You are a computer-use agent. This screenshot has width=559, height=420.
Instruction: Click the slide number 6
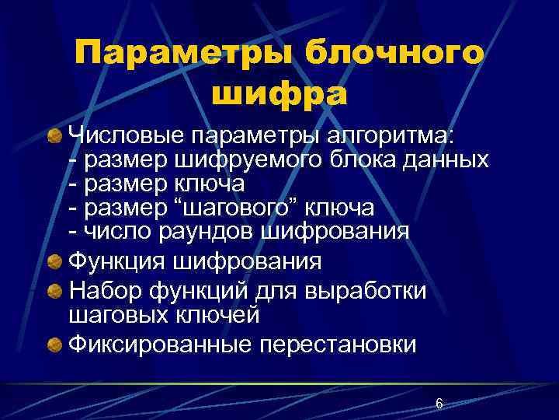tap(439, 403)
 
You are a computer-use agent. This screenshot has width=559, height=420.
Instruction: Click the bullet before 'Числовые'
tap(55, 137)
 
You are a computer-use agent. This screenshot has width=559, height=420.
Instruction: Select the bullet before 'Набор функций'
tap(55, 291)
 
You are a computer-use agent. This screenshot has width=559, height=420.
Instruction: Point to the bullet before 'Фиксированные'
tap(55, 345)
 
